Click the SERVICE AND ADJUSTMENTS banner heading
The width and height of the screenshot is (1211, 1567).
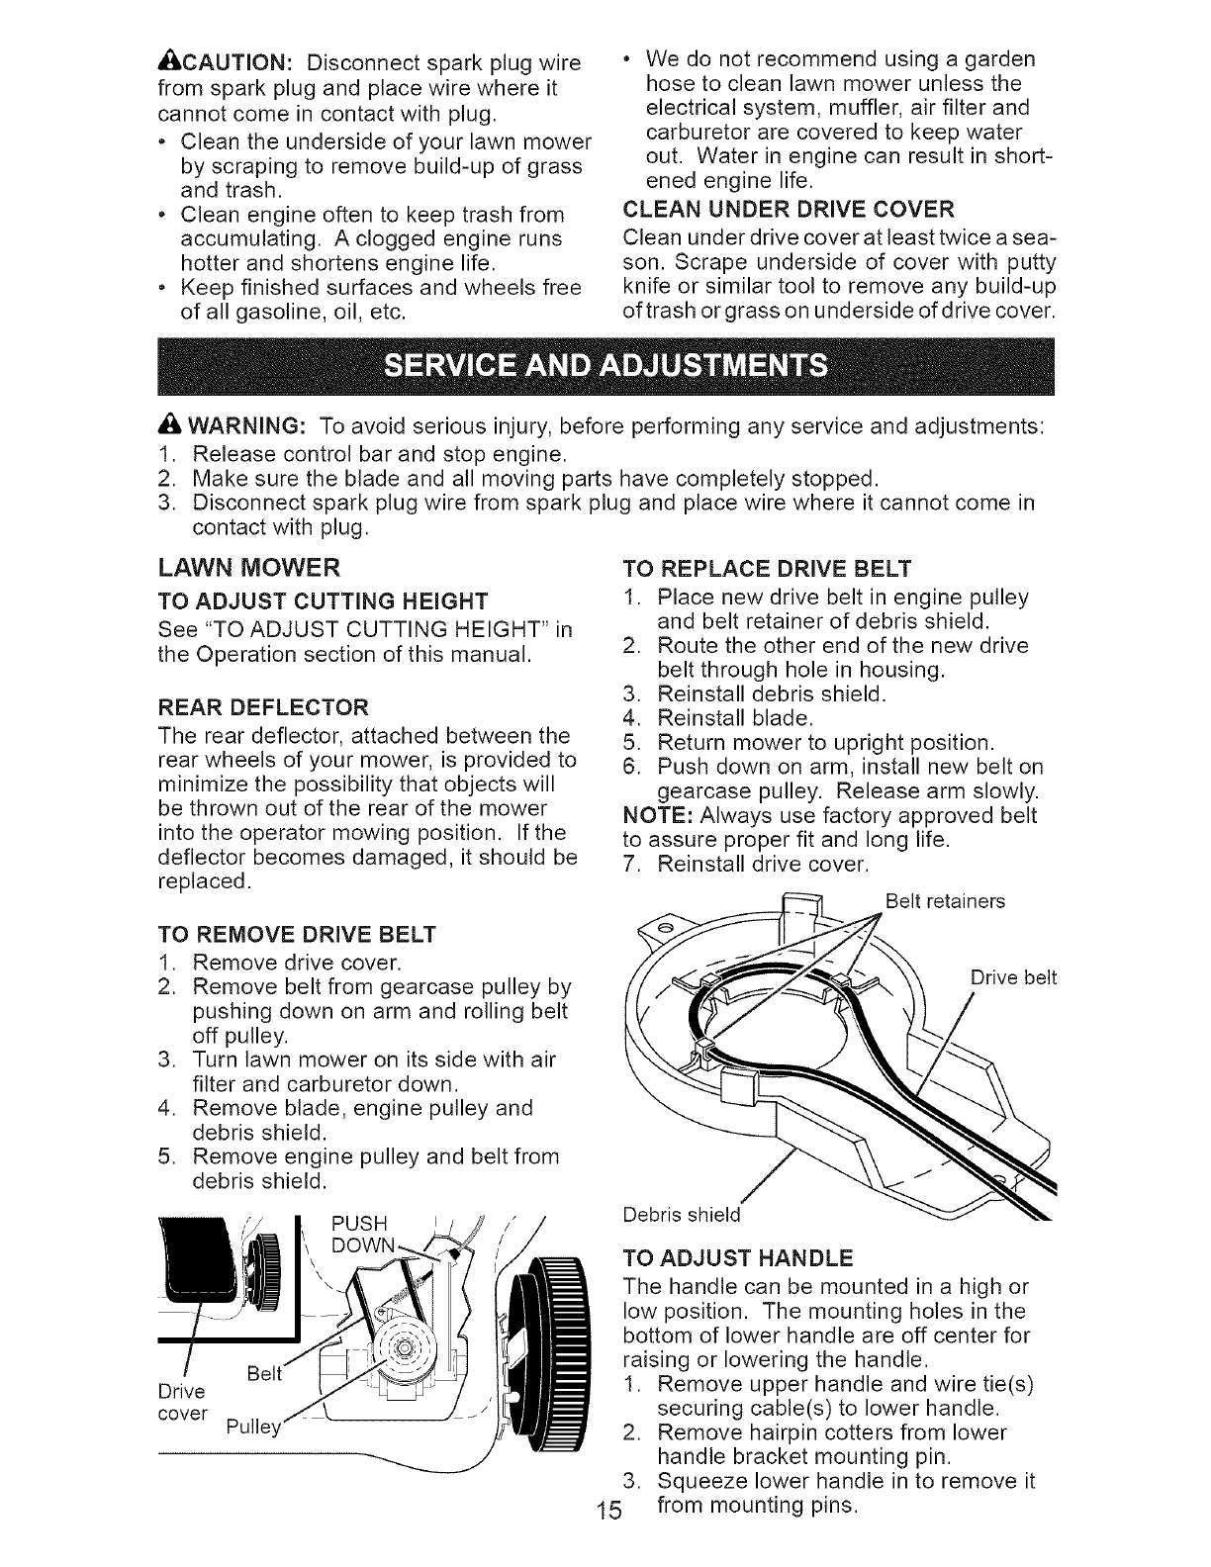pyautogui.click(x=605, y=366)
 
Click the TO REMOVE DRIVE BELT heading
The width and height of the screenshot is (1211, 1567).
pyautogui.click(x=297, y=935)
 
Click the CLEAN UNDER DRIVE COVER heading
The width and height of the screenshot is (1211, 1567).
pyautogui.click(x=790, y=208)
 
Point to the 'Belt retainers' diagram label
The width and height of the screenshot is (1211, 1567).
pyautogui.click(x=945, y=901)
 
